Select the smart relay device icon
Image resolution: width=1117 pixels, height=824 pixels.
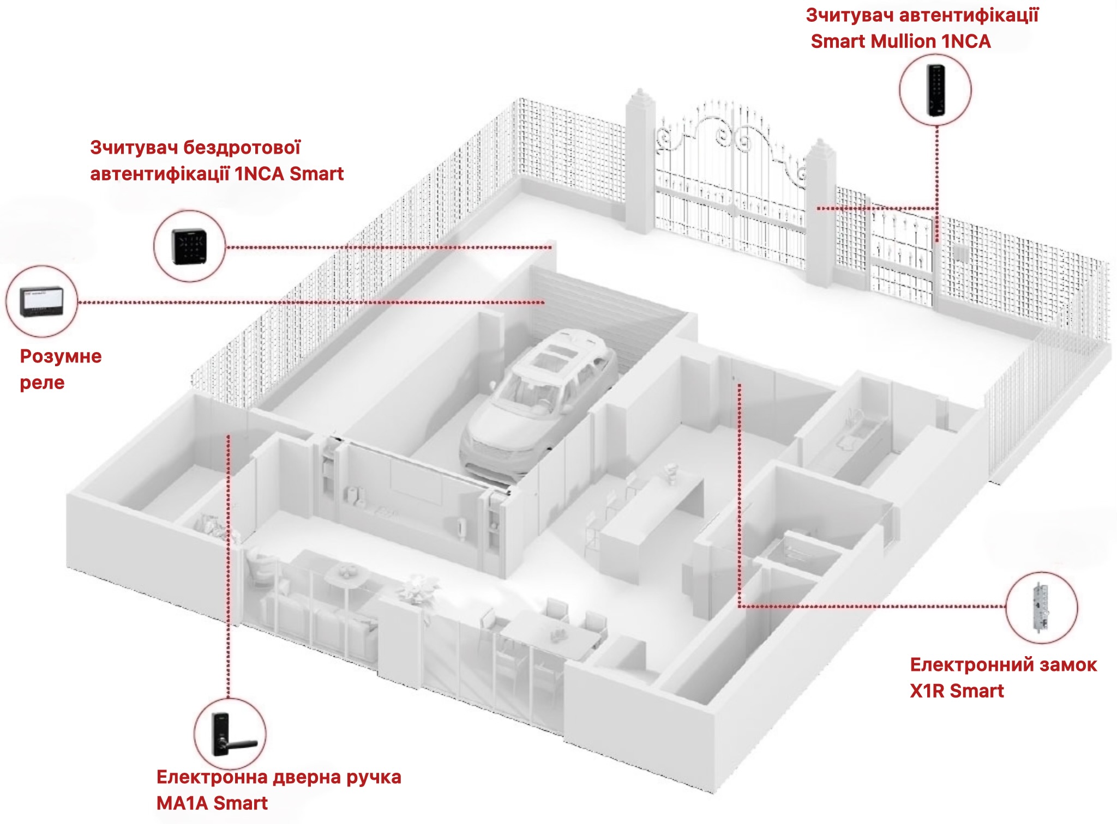(42, 302)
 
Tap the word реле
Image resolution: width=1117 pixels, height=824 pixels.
(43, 383)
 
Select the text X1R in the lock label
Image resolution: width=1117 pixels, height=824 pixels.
(930, 691)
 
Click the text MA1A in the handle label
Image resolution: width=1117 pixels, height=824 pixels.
(182, 803)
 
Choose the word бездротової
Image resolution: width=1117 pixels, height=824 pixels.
(242, 148)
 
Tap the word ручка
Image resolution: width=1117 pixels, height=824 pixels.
(368, 778)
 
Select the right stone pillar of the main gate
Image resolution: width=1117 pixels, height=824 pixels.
(821, 213)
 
